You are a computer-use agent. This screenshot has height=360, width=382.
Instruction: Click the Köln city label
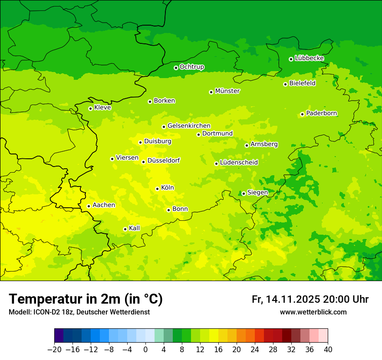(x=168, y=188)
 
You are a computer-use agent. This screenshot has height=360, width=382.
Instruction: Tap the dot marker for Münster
(x=211, y=92)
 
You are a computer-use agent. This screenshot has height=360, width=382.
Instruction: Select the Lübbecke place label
(x=309, y=58)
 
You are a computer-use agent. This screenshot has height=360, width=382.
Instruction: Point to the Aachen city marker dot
(x=89, y=206)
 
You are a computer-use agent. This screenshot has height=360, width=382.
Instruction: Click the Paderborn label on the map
(x=321, y=113)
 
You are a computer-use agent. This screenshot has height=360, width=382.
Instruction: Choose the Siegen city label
(x=257, y=193)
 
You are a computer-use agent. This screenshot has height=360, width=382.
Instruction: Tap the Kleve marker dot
(x=91, y=108)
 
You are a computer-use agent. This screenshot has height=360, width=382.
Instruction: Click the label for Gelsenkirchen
(x=189, y=126)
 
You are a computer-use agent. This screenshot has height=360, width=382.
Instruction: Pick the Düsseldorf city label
(x=164, y=160)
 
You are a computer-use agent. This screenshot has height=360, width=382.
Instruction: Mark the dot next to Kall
(x=125, y=229)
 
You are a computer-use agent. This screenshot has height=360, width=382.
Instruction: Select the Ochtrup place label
(x=191, y=67)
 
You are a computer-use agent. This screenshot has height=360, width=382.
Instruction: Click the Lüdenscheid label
(x=239, y=163)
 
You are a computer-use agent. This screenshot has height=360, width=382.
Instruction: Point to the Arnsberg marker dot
(x=247, y=145)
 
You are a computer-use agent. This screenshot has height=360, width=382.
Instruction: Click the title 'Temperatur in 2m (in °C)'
(x=86, y=299)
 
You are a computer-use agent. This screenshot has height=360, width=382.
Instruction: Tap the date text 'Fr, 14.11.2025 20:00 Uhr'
(x=310, y=299)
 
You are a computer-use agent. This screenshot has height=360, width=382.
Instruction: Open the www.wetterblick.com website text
(x=313, y=312)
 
